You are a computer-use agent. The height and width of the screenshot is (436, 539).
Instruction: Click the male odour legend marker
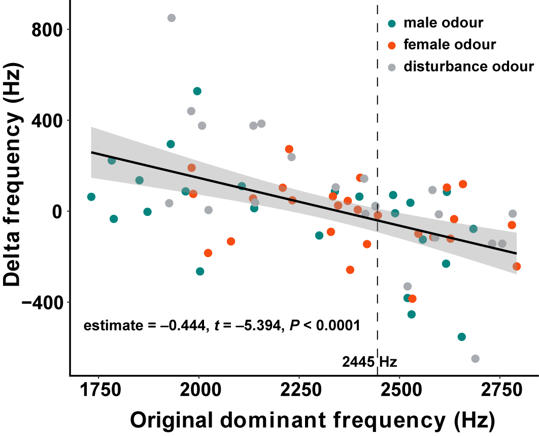coord(391,23)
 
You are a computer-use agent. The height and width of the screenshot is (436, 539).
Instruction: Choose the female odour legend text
coord(449,45)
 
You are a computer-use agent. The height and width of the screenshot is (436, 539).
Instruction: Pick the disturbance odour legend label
coord(468,67)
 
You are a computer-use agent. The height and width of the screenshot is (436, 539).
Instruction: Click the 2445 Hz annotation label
coord(369,362)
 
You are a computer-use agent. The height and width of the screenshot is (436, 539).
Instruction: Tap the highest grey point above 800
coord(172,18)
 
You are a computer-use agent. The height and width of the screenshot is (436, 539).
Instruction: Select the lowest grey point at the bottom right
coord(475,359)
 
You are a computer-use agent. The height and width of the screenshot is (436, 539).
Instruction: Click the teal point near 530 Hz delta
coord(197,91)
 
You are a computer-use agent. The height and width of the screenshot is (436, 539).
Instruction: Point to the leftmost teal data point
coord(91,197)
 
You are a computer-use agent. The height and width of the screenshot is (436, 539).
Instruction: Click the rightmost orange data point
coord(517,266)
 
